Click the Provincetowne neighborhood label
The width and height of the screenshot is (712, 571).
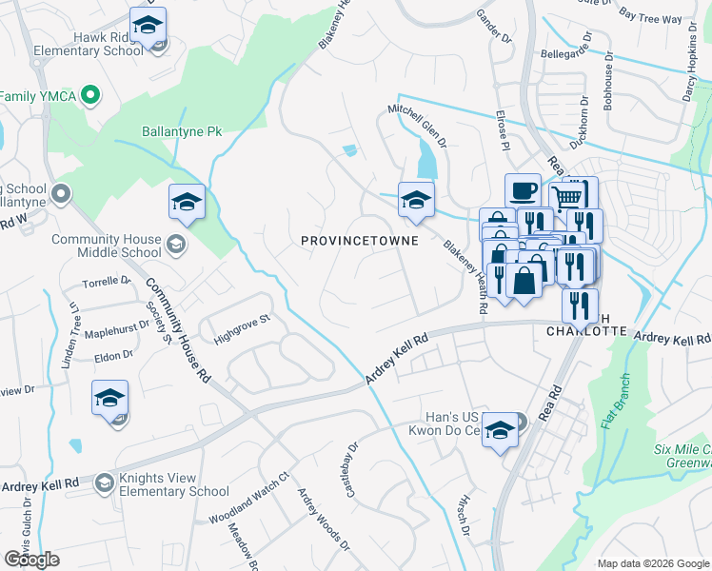360,241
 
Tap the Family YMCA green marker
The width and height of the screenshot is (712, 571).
90,95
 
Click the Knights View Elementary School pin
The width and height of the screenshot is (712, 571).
103,484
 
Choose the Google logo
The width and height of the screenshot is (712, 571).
31,560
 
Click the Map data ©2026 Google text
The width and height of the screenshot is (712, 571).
652,563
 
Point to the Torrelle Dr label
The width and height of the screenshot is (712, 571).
106,282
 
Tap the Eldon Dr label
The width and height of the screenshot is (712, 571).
113,355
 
